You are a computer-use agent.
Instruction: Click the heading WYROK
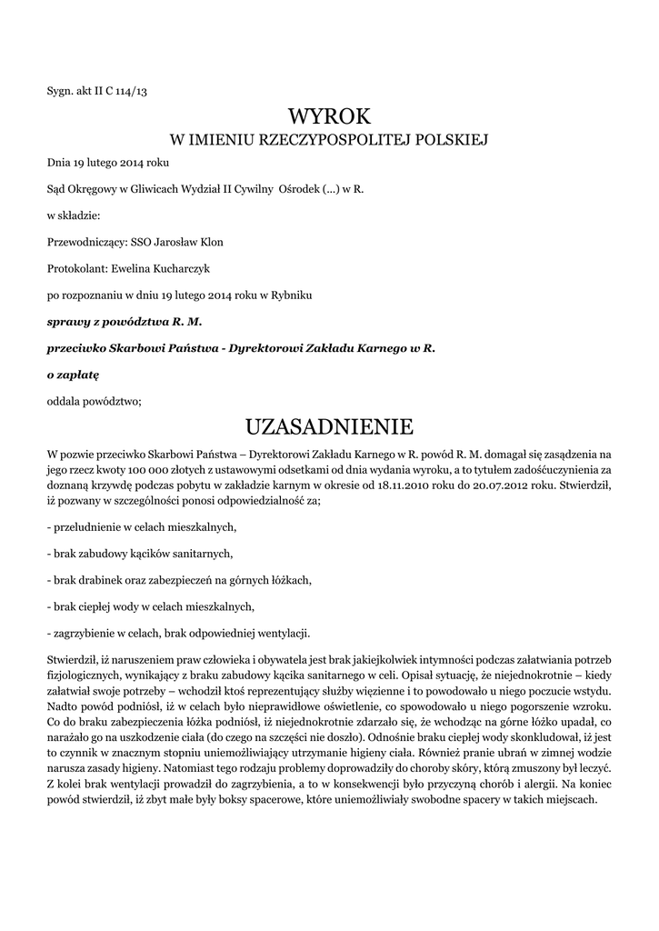[330, 115]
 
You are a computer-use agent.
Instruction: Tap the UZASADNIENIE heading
[330, 426]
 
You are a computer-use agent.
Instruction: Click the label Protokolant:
[76, 268]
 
